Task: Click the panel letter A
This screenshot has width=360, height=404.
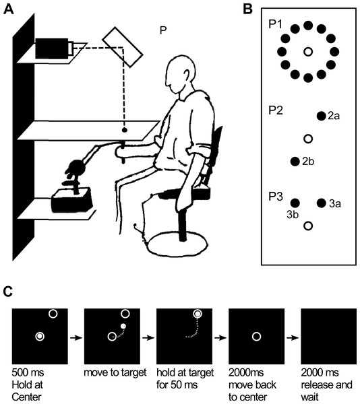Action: tap(9, 9)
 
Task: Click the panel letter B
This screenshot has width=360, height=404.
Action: tap(247, 9)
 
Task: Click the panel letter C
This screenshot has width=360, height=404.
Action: tap(8, 292)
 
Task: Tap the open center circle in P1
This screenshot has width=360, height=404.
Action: tap(308, 52)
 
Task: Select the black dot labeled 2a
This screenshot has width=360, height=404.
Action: tap(322, 116)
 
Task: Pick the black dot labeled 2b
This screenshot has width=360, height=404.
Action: tap(295, 162)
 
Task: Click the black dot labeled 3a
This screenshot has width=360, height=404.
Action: tap(322, 203)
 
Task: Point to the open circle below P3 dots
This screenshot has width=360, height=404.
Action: tap(308, 226)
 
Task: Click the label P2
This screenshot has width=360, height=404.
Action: tap(276, 110)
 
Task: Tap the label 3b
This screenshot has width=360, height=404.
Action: tap(293, 215)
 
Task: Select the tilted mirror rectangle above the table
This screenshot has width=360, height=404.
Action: tap(123, 47)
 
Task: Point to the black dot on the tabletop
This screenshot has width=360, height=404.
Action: tap(124, 130)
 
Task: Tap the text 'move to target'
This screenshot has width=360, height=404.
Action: tap(115, 372)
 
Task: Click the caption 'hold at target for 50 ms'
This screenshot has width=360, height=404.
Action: tap(185, 378)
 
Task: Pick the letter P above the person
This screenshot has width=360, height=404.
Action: tap(163, 30)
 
